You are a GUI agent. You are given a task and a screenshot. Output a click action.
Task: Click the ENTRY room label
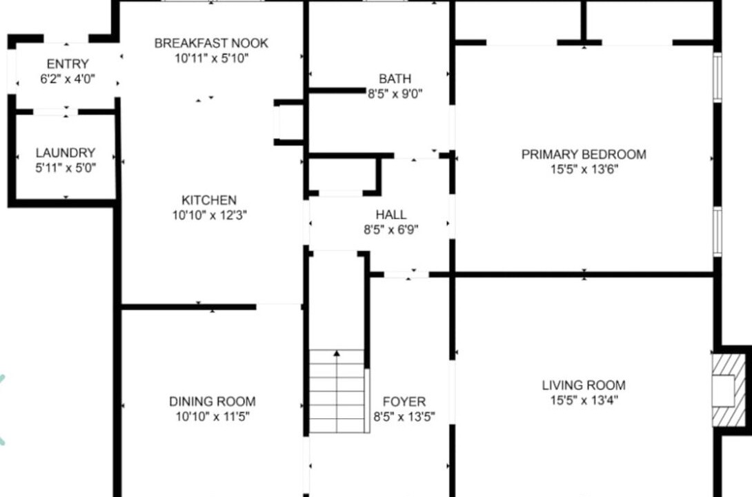(68, 64)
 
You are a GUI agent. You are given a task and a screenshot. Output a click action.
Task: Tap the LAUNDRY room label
(66, 153)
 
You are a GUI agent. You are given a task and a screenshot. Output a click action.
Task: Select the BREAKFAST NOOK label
(211, 43)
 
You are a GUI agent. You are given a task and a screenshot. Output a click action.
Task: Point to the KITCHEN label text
(209, 200)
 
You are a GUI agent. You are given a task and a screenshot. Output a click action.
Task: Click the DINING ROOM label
(212, 402)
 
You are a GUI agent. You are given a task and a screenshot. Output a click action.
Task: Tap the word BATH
(395, 79)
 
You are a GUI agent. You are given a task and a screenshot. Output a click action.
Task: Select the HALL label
(391, 215)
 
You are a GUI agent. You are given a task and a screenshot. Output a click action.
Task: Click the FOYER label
(404, 402)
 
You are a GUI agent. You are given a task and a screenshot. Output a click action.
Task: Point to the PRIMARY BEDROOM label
(584, 155)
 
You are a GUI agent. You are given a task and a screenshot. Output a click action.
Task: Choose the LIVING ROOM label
(584, 385)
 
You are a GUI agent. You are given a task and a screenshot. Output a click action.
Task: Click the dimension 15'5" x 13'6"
(584, 169)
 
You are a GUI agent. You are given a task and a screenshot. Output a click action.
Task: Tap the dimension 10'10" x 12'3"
(210, 215)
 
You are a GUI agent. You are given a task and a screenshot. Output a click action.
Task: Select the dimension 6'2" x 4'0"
(68, 79)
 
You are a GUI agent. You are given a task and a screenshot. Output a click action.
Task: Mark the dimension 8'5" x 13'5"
(404, 417)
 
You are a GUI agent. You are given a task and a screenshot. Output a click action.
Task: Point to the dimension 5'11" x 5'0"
(66, 168)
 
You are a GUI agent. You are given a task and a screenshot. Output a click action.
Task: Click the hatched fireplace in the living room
(729, 390)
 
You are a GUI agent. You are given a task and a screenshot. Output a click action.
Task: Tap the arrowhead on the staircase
(337, 353)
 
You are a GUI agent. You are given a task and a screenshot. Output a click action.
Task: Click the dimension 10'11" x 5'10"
(212, 59)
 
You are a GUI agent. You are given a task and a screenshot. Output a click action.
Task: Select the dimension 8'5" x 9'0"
(395, 94)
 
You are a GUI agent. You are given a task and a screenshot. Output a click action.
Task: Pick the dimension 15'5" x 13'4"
(584, 400)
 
